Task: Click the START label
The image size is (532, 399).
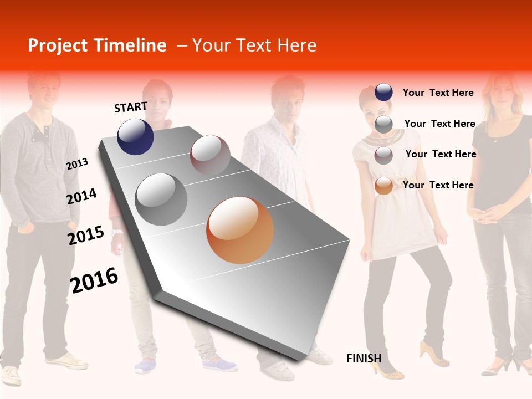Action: [x=131, y=107]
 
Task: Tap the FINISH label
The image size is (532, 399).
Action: [x=364, y=359]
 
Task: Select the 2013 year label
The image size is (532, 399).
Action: [x=77, y=164]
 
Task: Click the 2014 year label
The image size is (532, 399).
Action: [x=81, y=197]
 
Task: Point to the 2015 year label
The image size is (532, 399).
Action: [x=86, y=236]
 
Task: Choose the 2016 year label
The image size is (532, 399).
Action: [x=94, y=280]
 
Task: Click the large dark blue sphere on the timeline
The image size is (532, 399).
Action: [x=135, y=136]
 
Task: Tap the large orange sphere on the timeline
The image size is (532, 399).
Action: [x=240, y=230]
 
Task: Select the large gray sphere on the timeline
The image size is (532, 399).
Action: [x=161, y=199]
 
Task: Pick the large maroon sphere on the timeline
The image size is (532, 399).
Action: [x=210, y=155]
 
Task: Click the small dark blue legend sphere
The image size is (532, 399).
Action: [x=383, y=93]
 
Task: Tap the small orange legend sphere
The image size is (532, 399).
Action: [x=383, y=186]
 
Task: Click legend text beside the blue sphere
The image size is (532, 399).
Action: [x=438, y=93]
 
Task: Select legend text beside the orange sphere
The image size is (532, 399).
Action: [x=438, y=185]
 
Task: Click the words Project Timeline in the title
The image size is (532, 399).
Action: [x=97, y=45]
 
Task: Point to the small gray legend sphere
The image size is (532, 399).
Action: [x=383, y=124]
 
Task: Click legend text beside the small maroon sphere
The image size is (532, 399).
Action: [x=441, y=154]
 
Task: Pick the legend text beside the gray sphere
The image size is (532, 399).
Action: [x=439, y=124]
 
